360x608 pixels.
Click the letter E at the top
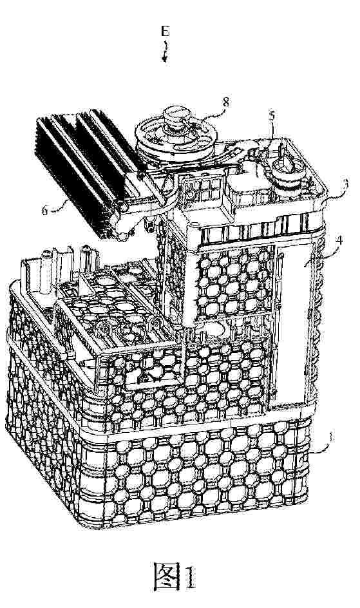[165, 32]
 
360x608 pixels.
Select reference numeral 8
[225, 102]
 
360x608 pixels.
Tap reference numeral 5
[272, 115]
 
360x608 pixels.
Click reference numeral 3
[346, 183]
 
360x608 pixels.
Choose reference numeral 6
[45, 210]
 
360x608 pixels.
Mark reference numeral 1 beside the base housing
[330, 438]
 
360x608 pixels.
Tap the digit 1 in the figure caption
[189, 577]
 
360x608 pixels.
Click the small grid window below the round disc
[203, 191]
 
